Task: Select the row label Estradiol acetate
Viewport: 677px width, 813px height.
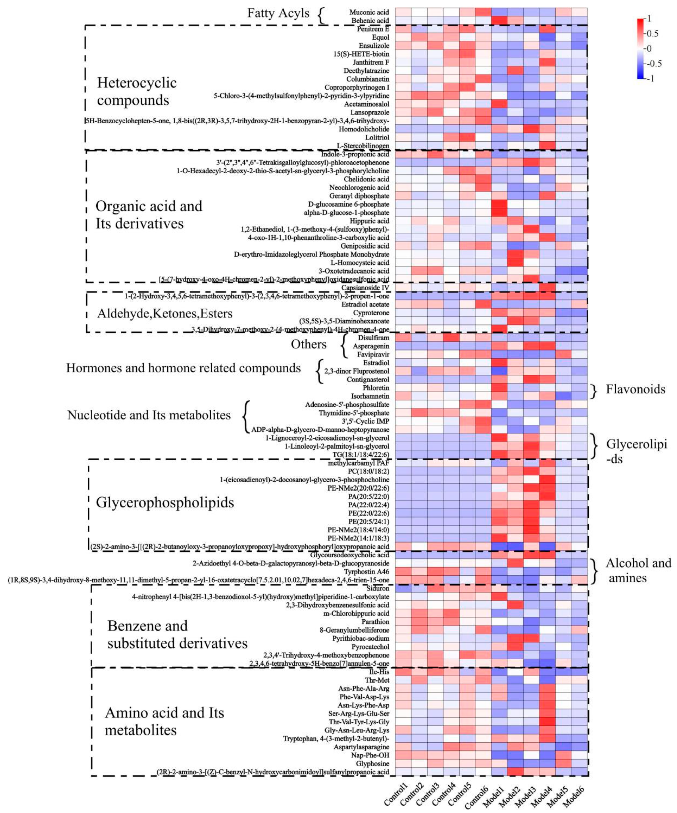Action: [365, 304]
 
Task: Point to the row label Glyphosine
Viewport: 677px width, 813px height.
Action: [372, 764]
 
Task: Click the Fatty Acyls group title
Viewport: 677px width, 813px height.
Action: [278, 13]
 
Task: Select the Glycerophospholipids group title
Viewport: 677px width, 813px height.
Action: [165, 503]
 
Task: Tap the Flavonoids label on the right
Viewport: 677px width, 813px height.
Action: [635, 389]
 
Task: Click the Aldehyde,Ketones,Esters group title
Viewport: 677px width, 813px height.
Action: [165, 314]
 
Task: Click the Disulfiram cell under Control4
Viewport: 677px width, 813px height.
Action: [451, 337]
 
